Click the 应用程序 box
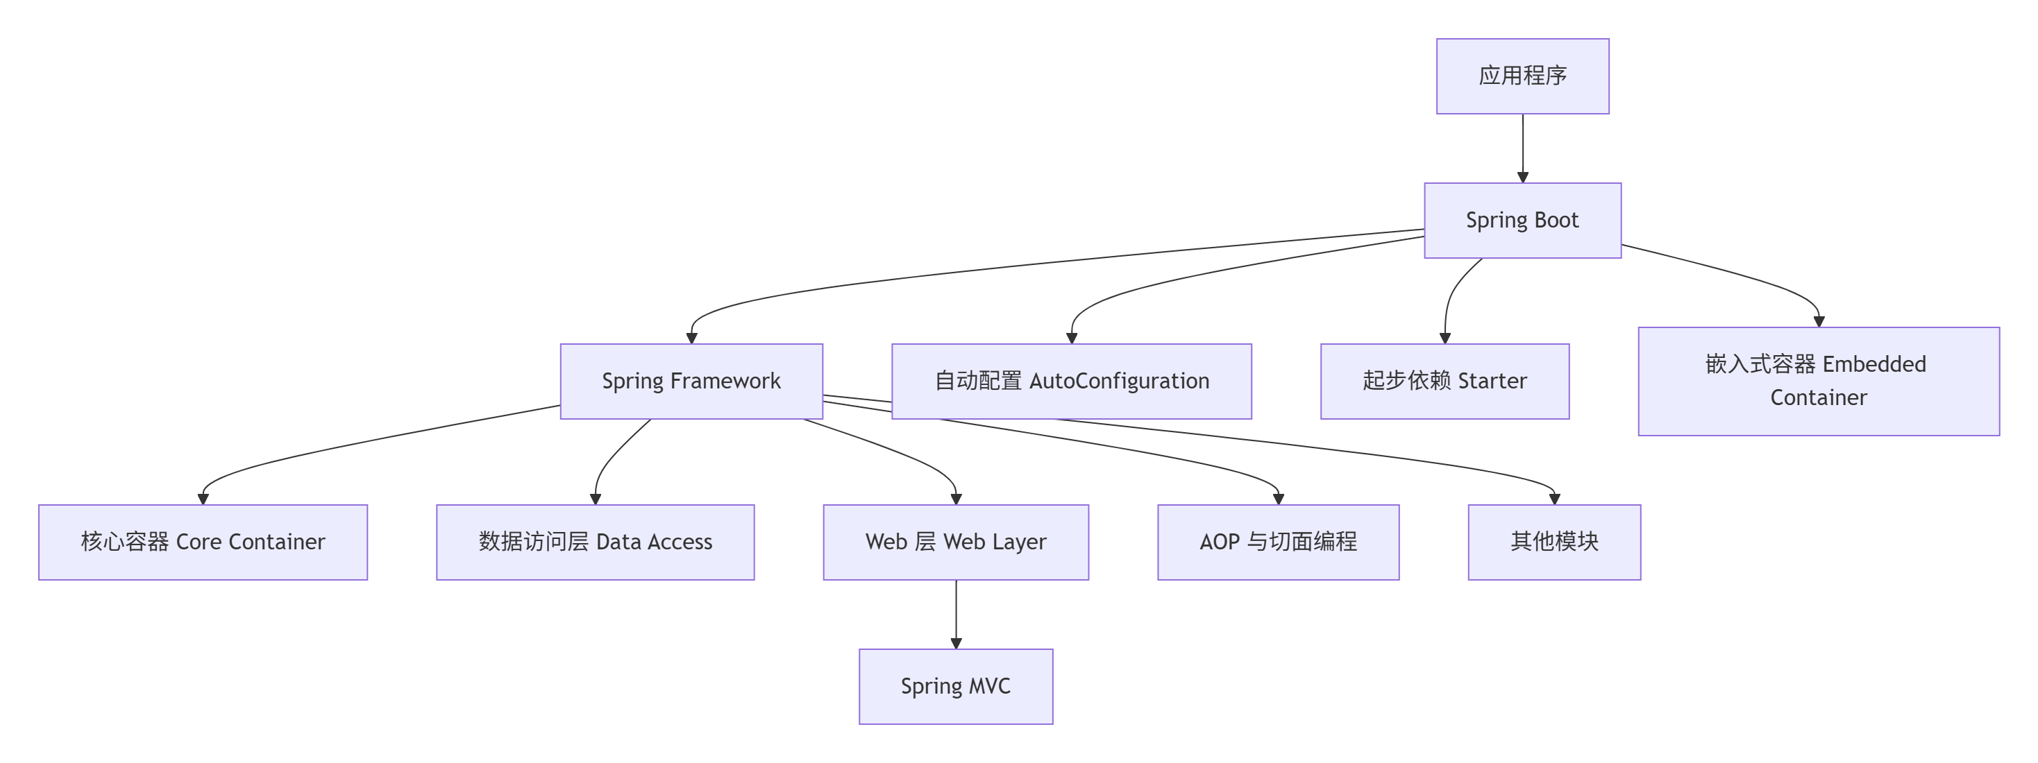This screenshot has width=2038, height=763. click(x=1522, y=76)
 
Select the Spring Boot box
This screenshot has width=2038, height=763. click(x=1522, y=220)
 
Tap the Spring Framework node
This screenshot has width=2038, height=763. click(x=691, y=381)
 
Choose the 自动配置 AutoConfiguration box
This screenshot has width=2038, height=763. click(x=1071, y=381)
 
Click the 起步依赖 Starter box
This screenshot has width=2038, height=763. click(x=1444, y=381)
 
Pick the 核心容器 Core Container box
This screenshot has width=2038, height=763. click(x=203, y=542)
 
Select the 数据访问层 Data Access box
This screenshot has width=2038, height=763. click(x=595, y=542)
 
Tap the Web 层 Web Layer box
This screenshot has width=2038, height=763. click(x=956, y=542)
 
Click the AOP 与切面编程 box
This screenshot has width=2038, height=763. click(x=1278, y=542)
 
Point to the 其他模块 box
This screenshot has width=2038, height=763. click(x=1553, y=542)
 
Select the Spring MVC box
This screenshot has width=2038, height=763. click(x=956, y=686)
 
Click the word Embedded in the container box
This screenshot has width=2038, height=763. click(x=1873, y=364)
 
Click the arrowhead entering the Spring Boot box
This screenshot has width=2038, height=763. click(x=1522, y=177)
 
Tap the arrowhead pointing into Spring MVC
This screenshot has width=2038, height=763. click(x=956, y=644)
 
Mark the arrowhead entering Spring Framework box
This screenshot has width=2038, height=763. click(x=691, y=338)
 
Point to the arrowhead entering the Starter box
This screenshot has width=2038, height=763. click(x=1445, y=338)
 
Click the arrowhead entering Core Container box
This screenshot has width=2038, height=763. click(x=203, y=499)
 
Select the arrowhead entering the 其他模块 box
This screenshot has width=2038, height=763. click(x=1553, y=499)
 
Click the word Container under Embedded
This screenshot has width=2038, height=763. click(x=1818, y=397)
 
